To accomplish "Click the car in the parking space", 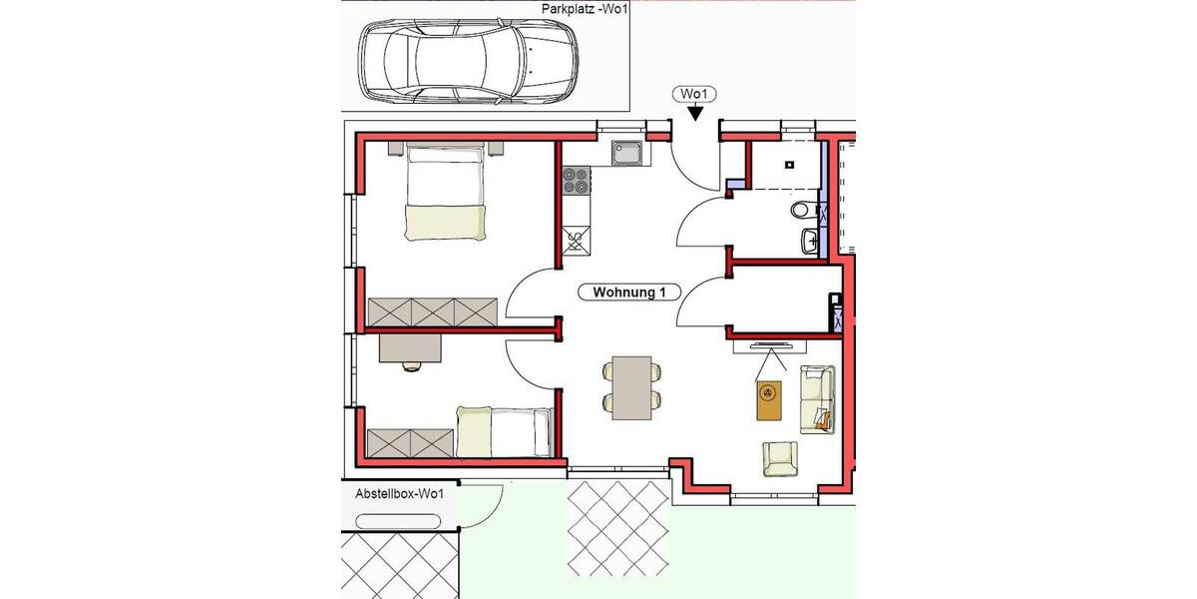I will pyautogui.click(x=468, y=62).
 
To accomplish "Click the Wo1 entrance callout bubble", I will pyautogui.click(x=694, y=95).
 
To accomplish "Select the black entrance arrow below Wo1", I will pyautogui.click(x=694, y=115).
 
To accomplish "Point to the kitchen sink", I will pyautogui.click(x=629, y=153).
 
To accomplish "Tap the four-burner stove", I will pyautogui.click(x=576, y=180).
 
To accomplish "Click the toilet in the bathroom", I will pyautogui.click(x=802, y=212).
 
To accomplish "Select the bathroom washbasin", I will pyautogui.click(x=809, y=240).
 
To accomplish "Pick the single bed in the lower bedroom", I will pyautogui.click(x=505, y=431).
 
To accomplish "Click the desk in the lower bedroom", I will pyautogui.click(x=411, y=346).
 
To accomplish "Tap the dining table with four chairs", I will pyautogui.click(x=630, y=387).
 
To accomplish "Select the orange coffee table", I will pyautogui.click(x=769, y=402).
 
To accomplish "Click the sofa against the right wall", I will pyautogui.click(x=817, y=399).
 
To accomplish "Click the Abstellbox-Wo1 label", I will pyautogui.click(x=399, y=494).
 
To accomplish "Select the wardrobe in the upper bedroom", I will pyautogui.click(x=432, y=311).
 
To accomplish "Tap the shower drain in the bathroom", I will pyautogui.click(x=788, y=166).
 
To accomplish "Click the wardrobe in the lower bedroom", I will pyautogui.click(x=411, y=440).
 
